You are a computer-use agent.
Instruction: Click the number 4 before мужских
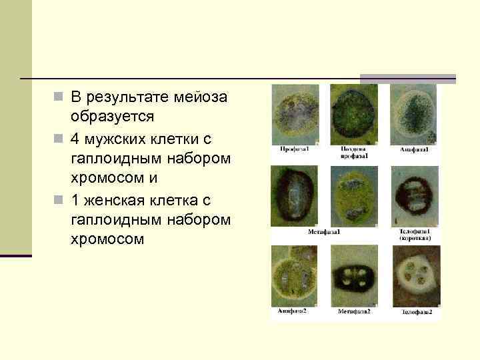[x=74, y=139]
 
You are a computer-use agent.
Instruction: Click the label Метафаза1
[x=324, y=232]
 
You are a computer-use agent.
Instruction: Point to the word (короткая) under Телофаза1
[x=416, y=238]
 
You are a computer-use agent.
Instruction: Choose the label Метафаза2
[x=354, y=311]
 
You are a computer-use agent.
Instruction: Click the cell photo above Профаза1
[x=295, y=113]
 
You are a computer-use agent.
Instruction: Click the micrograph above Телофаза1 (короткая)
[x=415, y=195]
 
